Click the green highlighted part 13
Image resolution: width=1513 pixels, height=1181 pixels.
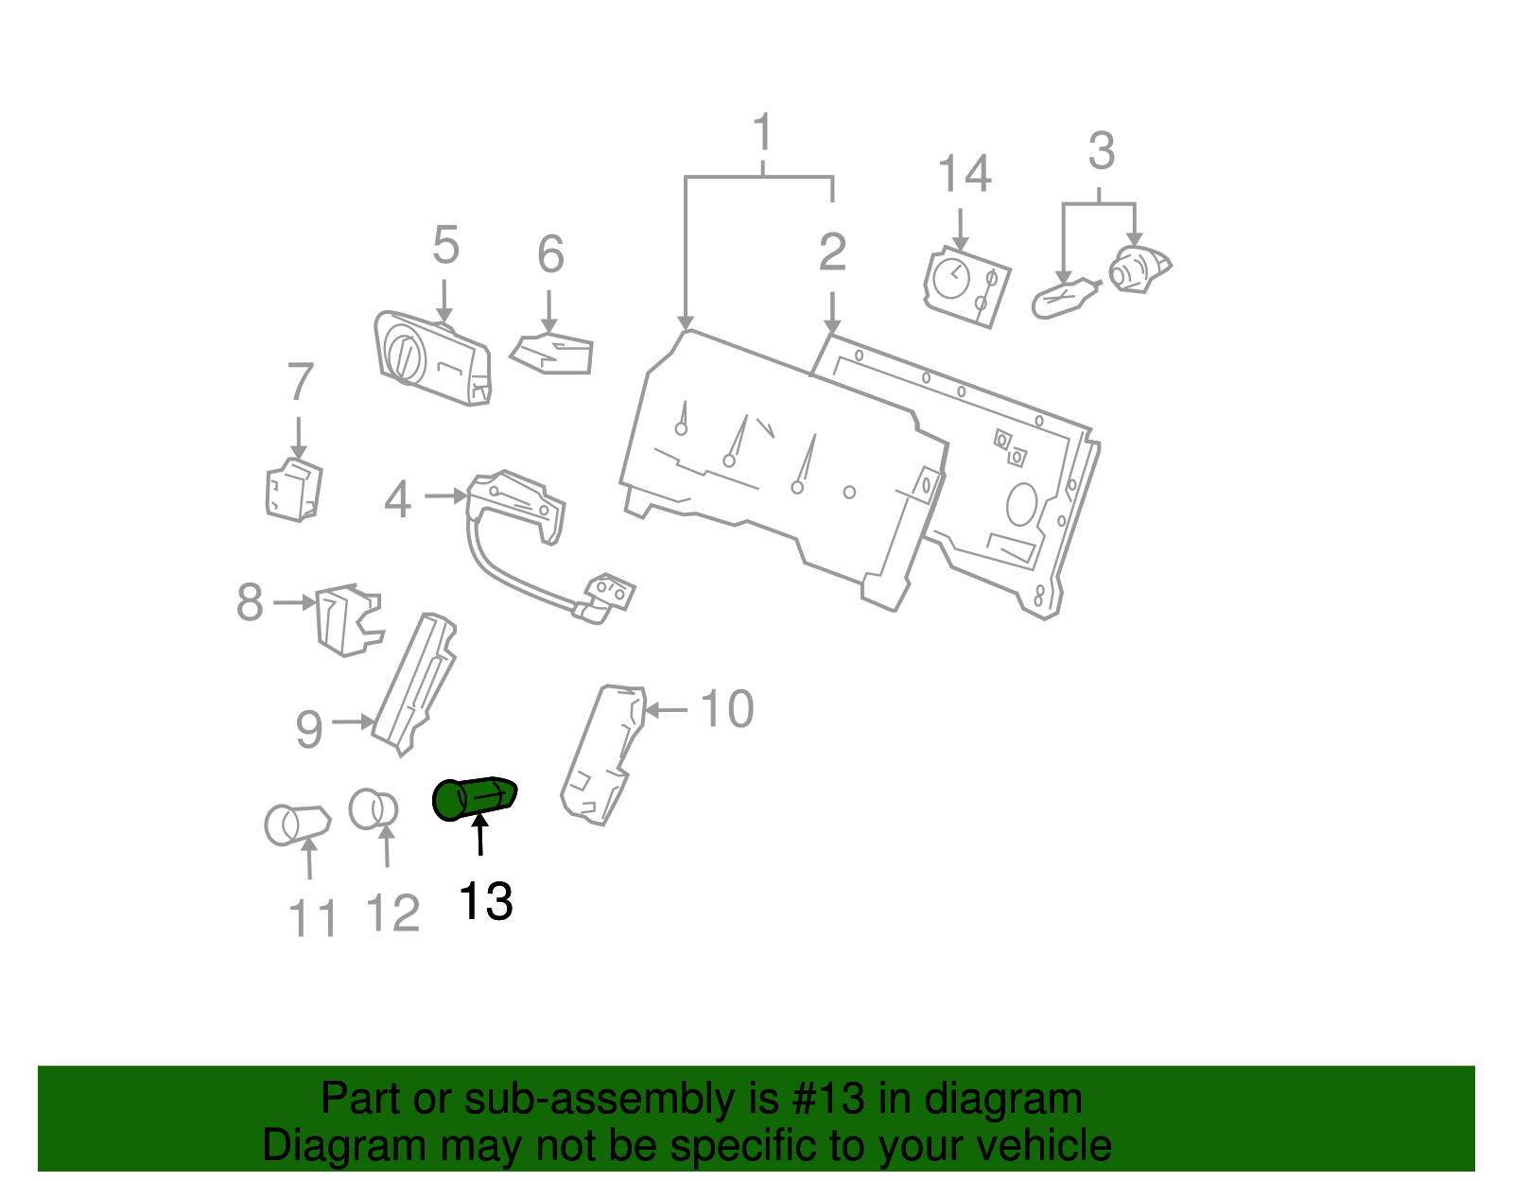tap(474, 798)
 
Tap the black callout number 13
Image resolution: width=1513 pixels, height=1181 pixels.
tap(485, 901)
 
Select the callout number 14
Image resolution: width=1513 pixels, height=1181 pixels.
tap(964, 174)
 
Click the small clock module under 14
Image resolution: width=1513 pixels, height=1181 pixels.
tap(966, 287)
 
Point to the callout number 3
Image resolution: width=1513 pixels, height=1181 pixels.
tap(1101, 151)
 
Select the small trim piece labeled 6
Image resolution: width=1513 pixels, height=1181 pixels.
tap(554, 355)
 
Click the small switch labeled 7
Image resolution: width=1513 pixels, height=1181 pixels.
tap(293, 490)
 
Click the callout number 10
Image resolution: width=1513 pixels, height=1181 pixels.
tap(726, 709)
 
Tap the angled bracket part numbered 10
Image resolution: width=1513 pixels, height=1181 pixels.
tap(600, 756)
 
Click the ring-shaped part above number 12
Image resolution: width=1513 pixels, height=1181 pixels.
tap(373, 809)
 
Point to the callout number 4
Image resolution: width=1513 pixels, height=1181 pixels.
tap(397, 499)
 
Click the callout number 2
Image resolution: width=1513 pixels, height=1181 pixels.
tap(832, 252)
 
